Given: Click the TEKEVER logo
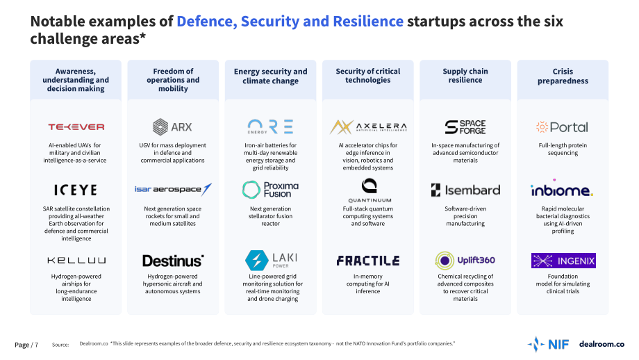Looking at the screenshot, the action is tap(76, 126).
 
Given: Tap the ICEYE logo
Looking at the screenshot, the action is tap(76, 190).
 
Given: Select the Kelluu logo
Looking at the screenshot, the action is tap(76, 260).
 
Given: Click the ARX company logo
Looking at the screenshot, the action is tap(172, 126).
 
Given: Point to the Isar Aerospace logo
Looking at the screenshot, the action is tap(173, 190).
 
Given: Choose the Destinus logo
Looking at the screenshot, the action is tap(173, 261).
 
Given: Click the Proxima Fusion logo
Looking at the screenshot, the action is tap(271, 190).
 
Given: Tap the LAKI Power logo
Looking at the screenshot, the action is tap(271, 260).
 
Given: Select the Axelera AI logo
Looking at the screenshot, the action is tap(368, 127).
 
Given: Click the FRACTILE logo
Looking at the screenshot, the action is tap(368, 261).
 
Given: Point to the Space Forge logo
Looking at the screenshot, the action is tap(465, 127).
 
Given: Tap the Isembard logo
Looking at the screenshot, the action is tap(465, 190).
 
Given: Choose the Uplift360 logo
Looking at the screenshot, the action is tap(465, 261).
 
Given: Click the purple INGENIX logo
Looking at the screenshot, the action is tap(563, 261).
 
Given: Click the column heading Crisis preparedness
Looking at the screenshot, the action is tap(563, 76).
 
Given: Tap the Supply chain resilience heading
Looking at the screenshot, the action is tap(465, 76).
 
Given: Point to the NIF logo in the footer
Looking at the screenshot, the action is tap(548, 345).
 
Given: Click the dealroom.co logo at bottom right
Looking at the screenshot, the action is tap(601, 344).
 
